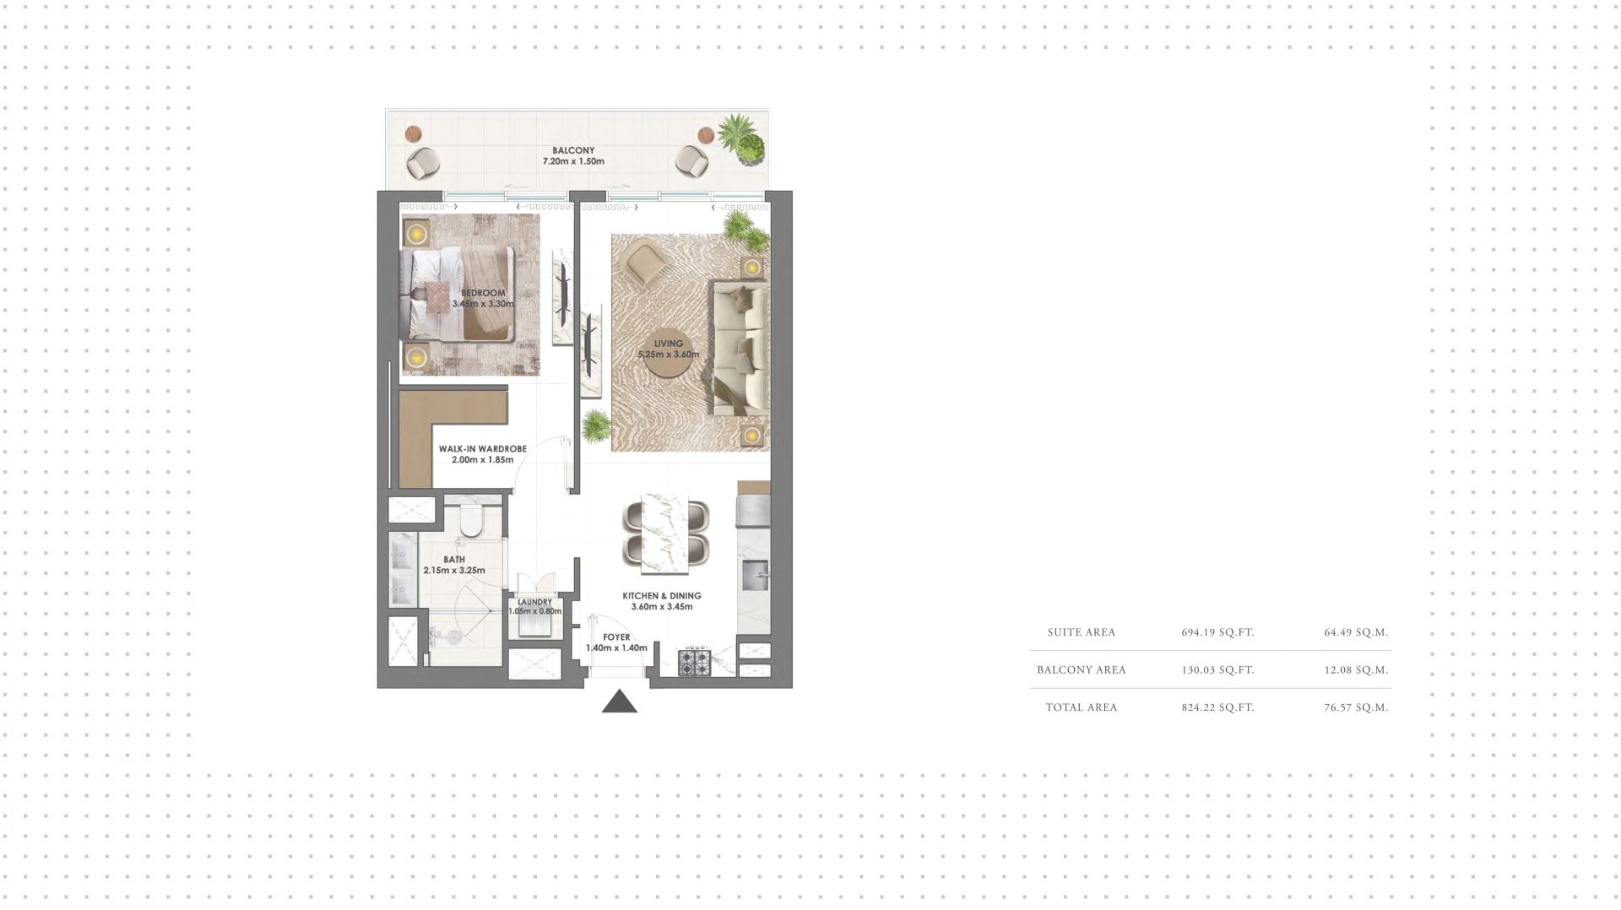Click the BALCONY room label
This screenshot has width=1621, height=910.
573,150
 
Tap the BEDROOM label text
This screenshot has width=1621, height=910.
484,293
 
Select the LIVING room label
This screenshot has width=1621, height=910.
669,344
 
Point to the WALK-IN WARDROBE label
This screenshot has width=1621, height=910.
482,449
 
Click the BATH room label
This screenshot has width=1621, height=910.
454,560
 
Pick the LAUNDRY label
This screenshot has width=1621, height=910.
535,602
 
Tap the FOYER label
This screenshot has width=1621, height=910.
616,637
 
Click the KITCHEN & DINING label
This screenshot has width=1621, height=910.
662,595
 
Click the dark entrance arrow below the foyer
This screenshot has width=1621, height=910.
620,701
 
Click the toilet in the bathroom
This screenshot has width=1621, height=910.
471,522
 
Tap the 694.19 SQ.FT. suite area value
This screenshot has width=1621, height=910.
1217,632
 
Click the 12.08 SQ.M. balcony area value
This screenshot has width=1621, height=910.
1356,670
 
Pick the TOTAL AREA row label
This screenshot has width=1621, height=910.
1082,707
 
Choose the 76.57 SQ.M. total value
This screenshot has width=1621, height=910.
1356,707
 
